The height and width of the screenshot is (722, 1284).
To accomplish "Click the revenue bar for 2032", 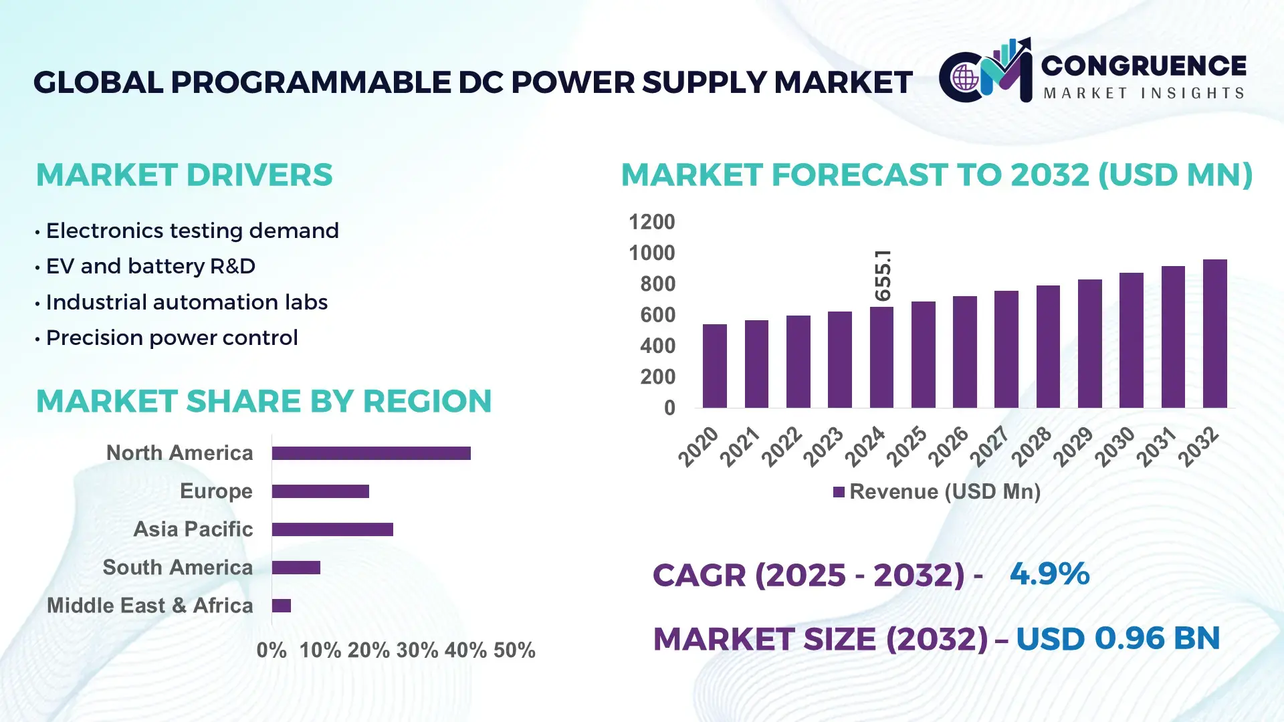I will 1214,334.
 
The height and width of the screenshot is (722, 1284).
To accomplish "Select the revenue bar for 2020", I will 714,366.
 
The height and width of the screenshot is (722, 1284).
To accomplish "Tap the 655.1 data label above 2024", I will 883,275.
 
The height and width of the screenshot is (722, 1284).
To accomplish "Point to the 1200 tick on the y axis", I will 651,222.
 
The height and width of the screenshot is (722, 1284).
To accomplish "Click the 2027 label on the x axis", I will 989,446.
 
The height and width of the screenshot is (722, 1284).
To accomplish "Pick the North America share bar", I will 371,453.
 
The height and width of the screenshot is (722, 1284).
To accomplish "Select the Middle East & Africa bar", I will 281,606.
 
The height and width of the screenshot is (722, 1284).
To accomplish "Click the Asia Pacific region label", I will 193,529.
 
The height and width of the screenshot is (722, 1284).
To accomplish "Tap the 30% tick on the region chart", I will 417,650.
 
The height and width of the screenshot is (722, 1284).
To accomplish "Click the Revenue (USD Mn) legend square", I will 839,492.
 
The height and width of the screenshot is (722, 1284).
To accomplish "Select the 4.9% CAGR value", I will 1049,574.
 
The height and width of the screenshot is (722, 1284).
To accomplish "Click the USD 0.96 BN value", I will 1117,638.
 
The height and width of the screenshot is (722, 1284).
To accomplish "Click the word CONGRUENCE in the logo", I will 1144,66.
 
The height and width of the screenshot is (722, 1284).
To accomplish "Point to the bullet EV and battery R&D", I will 150,266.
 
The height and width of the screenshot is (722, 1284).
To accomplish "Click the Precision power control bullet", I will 171,338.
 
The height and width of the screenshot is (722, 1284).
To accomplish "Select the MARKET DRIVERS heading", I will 184,175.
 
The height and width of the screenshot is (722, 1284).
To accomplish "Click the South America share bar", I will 296,568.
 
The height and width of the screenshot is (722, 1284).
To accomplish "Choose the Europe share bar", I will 320,491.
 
